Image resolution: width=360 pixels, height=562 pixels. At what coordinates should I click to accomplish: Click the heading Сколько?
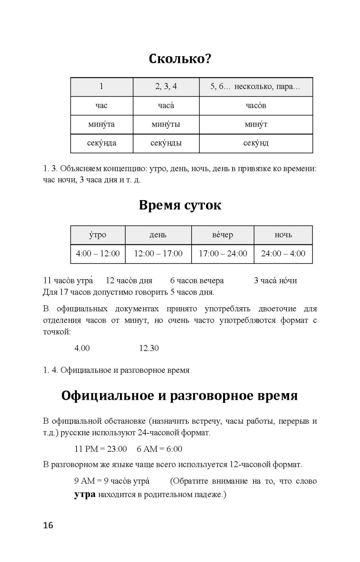tap(180, 59)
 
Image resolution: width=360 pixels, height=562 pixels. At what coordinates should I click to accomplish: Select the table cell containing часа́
tap(166, 106)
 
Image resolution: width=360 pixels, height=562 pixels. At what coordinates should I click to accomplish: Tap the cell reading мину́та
tap(101, 124)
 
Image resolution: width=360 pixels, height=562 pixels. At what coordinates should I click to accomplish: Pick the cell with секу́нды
tap(166, 143)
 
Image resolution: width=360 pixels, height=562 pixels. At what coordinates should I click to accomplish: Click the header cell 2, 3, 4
tap(166, 87)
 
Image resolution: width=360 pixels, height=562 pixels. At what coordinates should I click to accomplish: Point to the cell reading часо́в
tap(256, 106)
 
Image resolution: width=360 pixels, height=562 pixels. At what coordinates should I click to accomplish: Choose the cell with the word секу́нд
tap(256, 143)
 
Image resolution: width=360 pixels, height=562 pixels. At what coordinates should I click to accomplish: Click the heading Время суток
tap(180, 205)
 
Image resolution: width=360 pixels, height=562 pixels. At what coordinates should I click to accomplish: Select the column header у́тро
tap(97, 235)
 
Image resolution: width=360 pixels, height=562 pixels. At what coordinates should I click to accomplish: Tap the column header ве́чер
tap(222, 235)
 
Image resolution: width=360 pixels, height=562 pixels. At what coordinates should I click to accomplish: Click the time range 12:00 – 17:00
tap(158, 254)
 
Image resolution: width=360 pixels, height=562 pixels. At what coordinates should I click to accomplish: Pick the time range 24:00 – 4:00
tap(283, 254)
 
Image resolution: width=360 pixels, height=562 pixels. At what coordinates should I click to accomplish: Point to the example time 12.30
tap(149, 348)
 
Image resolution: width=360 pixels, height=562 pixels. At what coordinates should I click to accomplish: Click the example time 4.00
tap(82, 348)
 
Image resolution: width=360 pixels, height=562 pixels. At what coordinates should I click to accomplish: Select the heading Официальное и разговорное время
tap(180, 396)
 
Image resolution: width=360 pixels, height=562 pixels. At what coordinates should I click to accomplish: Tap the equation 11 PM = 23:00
tap(100, 449)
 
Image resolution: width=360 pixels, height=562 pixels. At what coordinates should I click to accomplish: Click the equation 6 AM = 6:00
tap(159, 449)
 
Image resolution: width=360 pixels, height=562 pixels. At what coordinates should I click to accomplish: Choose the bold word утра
tap(85, 495)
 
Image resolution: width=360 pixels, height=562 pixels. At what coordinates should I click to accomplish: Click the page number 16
tap(48, 525)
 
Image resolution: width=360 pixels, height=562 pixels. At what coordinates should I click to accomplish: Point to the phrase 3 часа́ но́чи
tap(275, 281)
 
